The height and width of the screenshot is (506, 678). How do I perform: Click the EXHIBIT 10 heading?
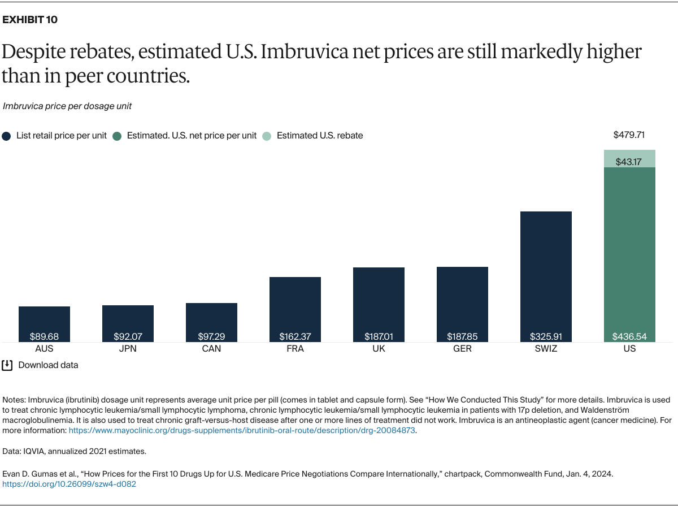coord(30,20)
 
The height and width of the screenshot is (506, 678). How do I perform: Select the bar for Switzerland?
coord(546,271)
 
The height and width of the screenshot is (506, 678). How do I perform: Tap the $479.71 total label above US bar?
coord(629,135)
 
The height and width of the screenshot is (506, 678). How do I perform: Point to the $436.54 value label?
coord(629,336)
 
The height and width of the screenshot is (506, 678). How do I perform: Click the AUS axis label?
coord(44,349)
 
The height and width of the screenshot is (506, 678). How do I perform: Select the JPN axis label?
coord(128,349)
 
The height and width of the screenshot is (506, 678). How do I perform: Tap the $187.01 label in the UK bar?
coord(379,336)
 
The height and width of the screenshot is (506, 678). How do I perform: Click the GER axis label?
coord(462,349)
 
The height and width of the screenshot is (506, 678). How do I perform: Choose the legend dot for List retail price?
coord(6,136)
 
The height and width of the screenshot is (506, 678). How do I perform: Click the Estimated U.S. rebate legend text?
coord(320,136)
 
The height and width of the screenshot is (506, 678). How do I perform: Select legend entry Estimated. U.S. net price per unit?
coord(192,136)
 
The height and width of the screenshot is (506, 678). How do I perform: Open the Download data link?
coord(48,365)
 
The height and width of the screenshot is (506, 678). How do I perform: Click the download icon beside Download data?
coord(7,365)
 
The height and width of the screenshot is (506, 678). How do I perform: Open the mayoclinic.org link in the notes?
coord(242,430)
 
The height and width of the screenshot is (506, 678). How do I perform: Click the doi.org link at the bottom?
coord(69,485)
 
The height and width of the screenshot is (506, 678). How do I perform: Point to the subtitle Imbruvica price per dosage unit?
coord(67,106)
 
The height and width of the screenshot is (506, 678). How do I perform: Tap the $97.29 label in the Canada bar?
coord(211,336)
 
